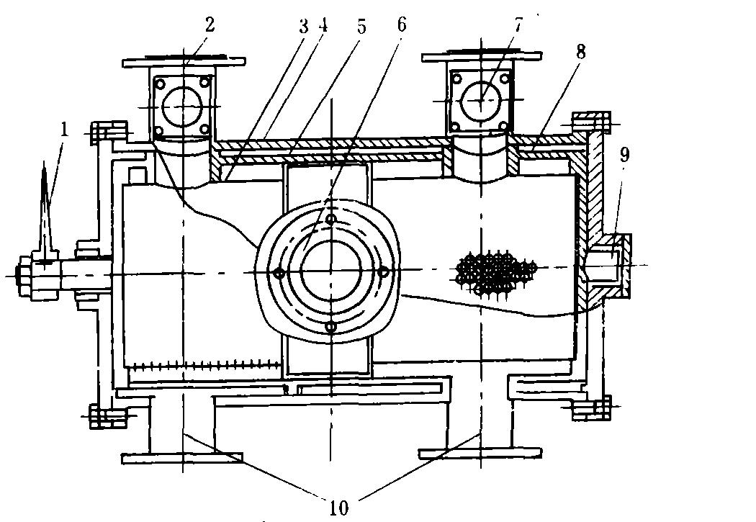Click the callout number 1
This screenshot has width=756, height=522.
[x=65, y=130]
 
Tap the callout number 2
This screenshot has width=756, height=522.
[x=209, y=24]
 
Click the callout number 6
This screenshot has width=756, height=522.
[x=401, y=24]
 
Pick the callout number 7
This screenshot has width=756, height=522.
[x=518, y=24]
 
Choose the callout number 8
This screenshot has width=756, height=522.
[x=580, y=51]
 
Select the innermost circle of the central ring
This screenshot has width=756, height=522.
[x=330, y=271]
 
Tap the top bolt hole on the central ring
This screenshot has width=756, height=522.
[x=330, y=218]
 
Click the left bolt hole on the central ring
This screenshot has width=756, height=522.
[x=278, y=272]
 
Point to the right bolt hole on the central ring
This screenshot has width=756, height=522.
[x=384, y=271]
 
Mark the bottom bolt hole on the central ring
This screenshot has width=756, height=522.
[x=330, y=327]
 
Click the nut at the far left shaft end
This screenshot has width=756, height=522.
[x=26, y=274]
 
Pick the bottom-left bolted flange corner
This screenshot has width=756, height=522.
[x=105, y=415]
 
